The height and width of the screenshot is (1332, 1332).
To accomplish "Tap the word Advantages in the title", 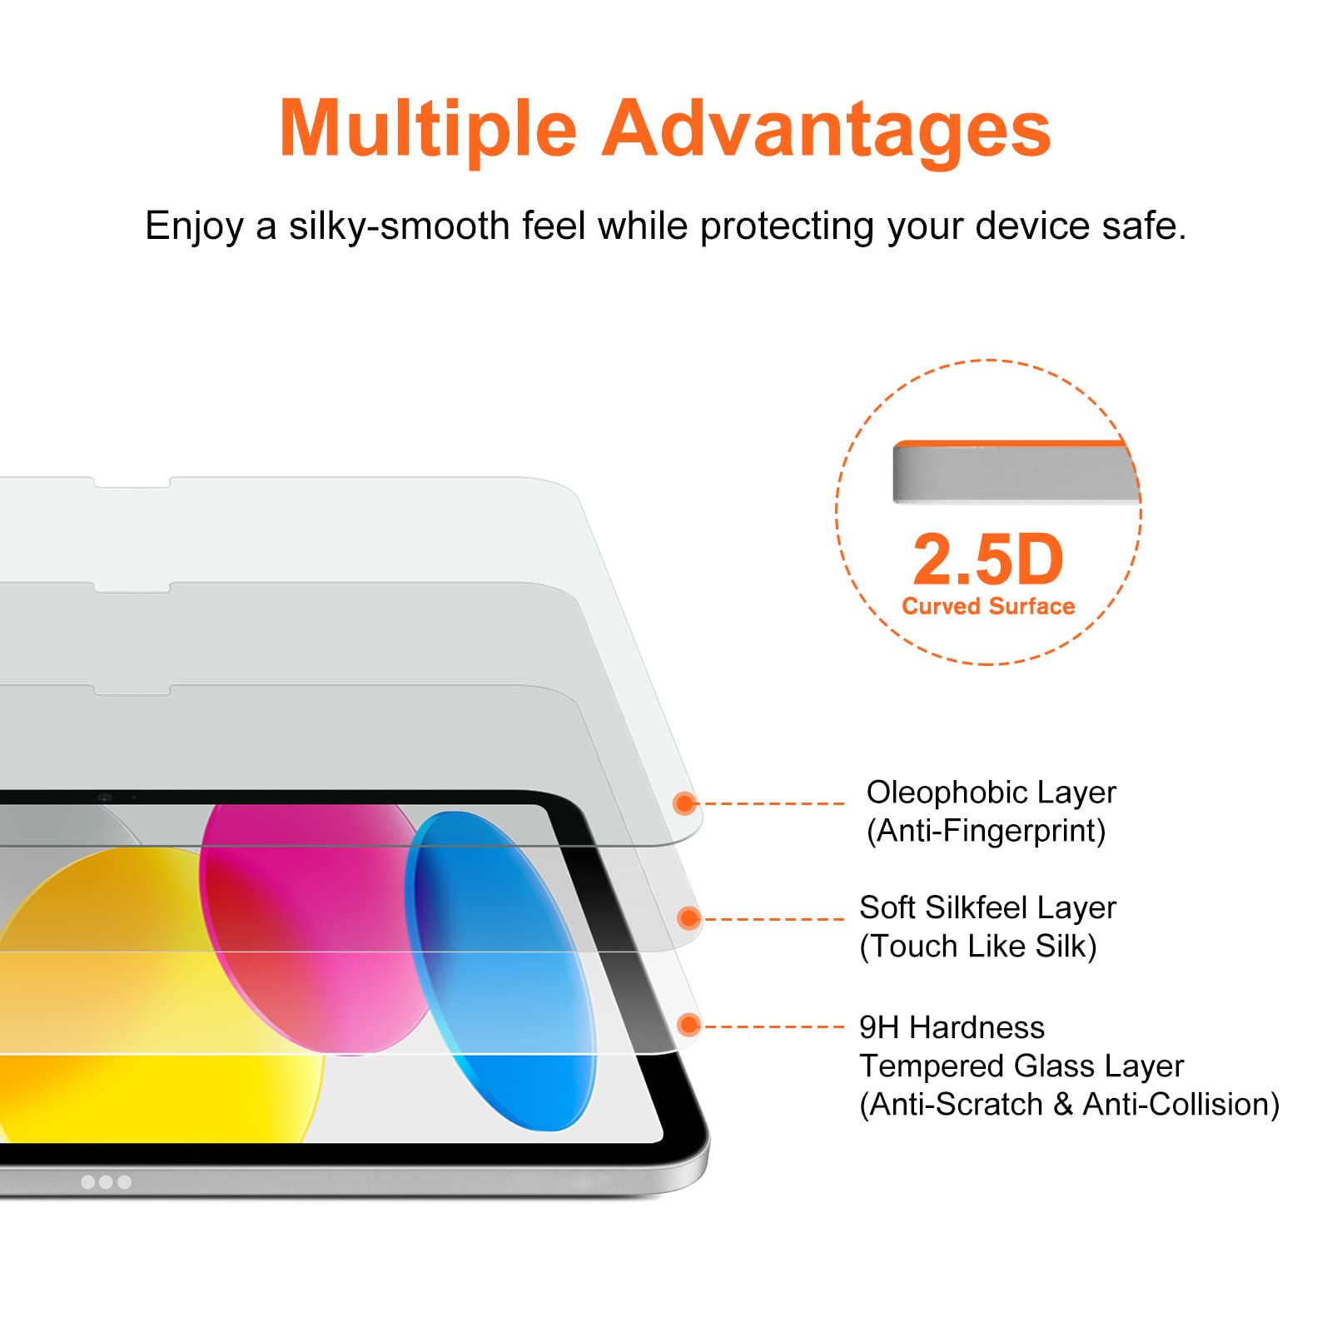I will [x=826, y=131].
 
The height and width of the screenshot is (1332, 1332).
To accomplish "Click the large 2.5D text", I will [x=988, y=560].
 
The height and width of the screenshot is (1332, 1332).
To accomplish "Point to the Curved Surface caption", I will [x=988, y=606].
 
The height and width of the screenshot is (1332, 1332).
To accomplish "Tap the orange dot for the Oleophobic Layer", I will [x=684, y=803].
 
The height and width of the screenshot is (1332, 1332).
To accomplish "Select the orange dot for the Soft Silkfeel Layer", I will [x=688, y=918].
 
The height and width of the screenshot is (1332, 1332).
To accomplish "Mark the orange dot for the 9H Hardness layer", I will [x=688, y=1025].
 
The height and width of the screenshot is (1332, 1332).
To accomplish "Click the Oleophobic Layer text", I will [x=991, y=793].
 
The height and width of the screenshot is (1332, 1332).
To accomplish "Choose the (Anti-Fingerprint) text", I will [x=986, y=831].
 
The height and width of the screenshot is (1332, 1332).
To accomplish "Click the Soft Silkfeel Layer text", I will [x=987, y=907].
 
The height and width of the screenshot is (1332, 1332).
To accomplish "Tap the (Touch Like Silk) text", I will [x=978, y=946].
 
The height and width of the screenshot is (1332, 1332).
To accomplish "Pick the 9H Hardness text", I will [x=952, y=1027].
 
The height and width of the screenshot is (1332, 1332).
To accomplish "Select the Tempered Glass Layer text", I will [x=1021, y=1066].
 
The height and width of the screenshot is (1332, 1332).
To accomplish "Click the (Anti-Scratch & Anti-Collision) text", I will [x=1069, y=1104].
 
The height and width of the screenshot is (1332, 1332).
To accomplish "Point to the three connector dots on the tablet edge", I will [x=106, y=1181].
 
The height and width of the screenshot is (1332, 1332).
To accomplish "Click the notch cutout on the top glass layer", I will [x=132, y=483].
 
